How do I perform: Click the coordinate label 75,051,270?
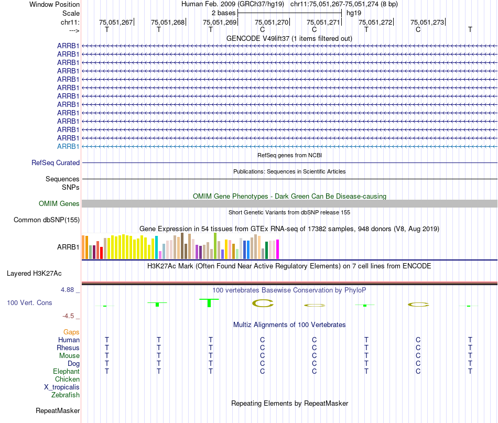(x=272, y=22)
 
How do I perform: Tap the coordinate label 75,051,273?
(x=427, y=22)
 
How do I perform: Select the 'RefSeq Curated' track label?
(x=56, y=163)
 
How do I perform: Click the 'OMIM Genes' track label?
(x=59, y=204)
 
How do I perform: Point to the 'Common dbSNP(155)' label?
(x=47, y=220)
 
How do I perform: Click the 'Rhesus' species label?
(x=68, y=348)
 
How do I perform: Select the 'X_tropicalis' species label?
(x=62, y=387)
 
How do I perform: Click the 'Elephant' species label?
(x=66, y=372)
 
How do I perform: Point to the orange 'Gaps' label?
(x=71, y=332)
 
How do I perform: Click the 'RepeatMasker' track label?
(x=58, y=411)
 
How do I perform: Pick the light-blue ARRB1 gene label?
(x=68, y=146)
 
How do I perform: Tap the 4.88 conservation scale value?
(x=70, y=290)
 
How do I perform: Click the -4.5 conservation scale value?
(x=70, y=316)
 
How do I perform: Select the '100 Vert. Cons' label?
(x=29, y=303)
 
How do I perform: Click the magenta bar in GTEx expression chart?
(x=278, y=249)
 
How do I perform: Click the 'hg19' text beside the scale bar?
(x=354, y=13)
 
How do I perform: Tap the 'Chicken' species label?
(x=68, y=379)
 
